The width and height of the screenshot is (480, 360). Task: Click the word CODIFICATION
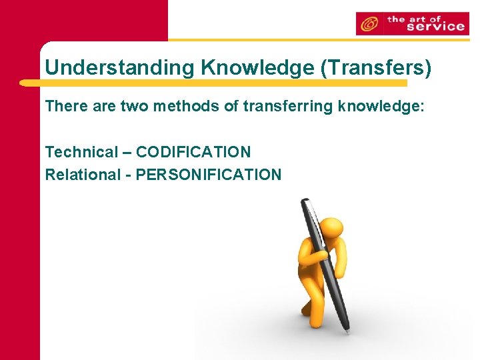pyautogui.click(x=193, y=152)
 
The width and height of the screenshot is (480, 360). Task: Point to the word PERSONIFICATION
pyautogui.click(x=209, y=175)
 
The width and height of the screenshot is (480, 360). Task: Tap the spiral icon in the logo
pyautogui.click(x=368, y=24)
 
